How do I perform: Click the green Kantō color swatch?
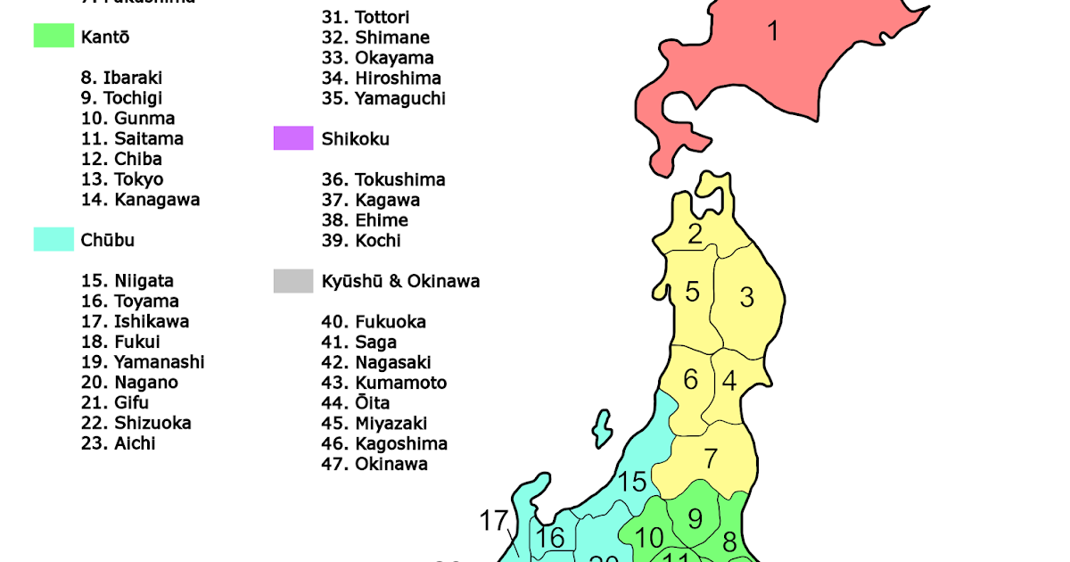click(53, 37)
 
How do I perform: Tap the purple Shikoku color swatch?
click(293, 138)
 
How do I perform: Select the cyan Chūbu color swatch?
click(53, 239)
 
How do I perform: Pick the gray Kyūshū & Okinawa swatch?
click(293, 281)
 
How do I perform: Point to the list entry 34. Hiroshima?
click(381, 78)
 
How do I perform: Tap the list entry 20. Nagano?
click(129, 383)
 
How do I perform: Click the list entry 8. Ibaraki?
click(121, 78)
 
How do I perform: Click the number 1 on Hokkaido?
click(773, 32)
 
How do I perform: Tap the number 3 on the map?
click(747, 297)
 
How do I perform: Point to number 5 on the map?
click(692, 292)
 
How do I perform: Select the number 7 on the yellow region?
click(711, 459)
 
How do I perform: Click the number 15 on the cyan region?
click(632, 483)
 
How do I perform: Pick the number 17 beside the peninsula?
click(494, 521)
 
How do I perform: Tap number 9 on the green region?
click(695, 517)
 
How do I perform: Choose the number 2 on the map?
click(695, 235)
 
